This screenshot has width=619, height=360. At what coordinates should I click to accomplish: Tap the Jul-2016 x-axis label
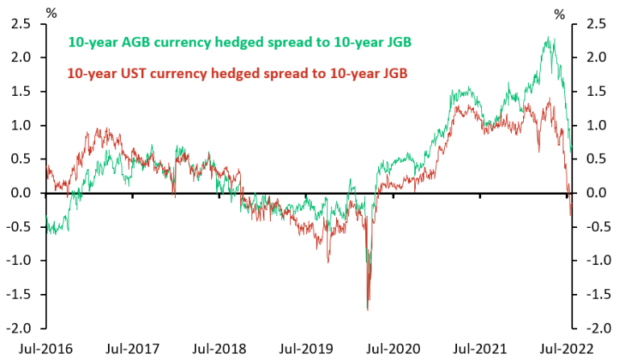pyautogui.click(x=35, y=348)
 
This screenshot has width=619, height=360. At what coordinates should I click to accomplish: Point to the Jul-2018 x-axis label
pyautogui.click(x=219, y=348)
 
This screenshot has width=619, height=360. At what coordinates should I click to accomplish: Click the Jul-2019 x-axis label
pyautogui.click(x=306, y=348)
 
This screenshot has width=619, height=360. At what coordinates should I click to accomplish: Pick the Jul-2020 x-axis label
pyautogui.click(x=393, y=348)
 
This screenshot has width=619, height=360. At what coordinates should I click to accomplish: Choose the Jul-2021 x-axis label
pyautogui.click(x=481, y=348)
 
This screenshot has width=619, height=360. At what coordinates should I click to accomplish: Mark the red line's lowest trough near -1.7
pyautogui.click(x=368, y=309)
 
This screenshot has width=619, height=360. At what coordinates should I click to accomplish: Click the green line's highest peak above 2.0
pyautogui.click(x=548, y=37)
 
